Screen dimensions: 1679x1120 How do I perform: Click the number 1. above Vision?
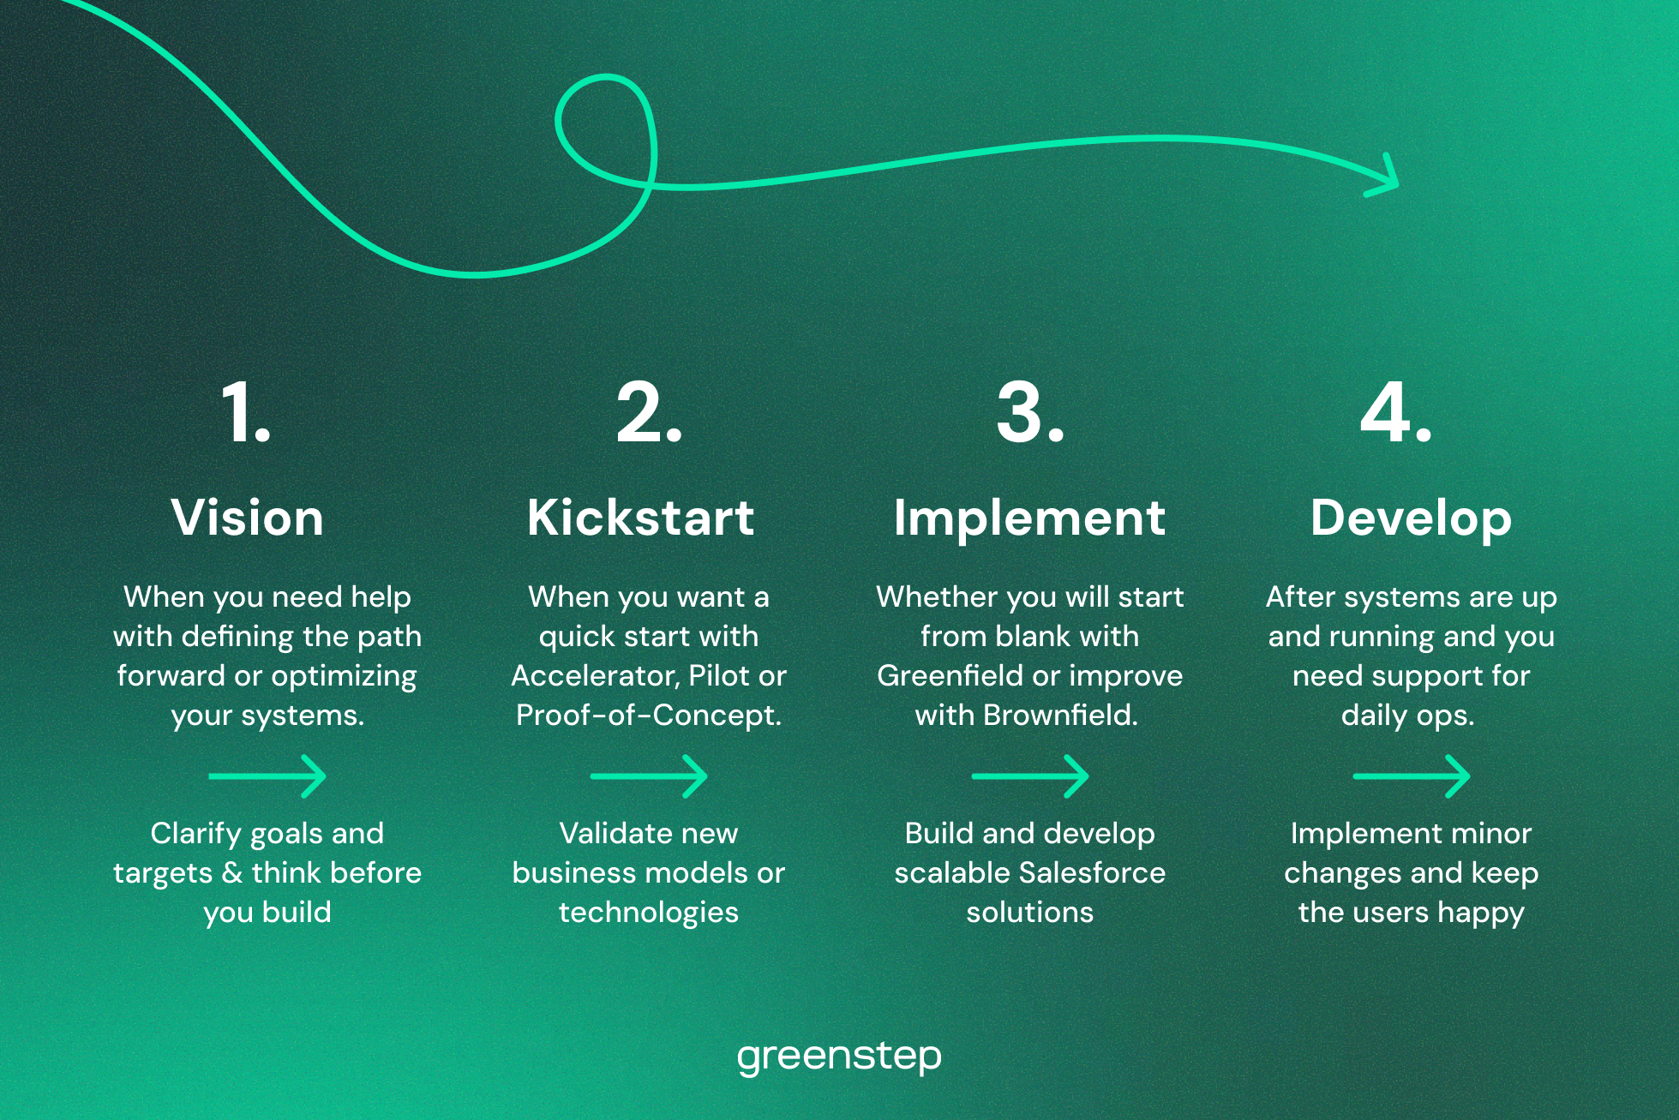pyautogui.click(x=246, y=413)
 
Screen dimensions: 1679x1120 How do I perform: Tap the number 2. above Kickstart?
pyautogui.click(x=649, y=413)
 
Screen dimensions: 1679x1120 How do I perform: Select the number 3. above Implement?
pyautogui.click(x=1030, y=413)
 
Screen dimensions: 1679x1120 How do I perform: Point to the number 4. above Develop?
pyautogui.click(x=1396, y=413)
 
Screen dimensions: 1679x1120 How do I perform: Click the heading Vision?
pyautogui.click(x=248, y=518)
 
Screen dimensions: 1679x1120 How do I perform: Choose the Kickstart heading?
pyautogui.click(x=641, y=518)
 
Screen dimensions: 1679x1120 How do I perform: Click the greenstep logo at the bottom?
pyautogui.click(x=839, y=1057)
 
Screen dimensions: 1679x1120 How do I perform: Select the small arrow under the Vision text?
pyautogui.click(x=267, y=776)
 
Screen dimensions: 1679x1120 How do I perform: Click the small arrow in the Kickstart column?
pyautogui.click(x=649, y=776)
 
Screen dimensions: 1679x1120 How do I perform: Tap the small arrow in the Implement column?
pyautogui.click(x=1030, y=776)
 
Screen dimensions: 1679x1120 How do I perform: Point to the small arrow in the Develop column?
pyautogui.click(x=1412, y=776)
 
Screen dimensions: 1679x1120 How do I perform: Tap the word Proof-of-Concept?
pyautogui.click(x=649, y=716)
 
